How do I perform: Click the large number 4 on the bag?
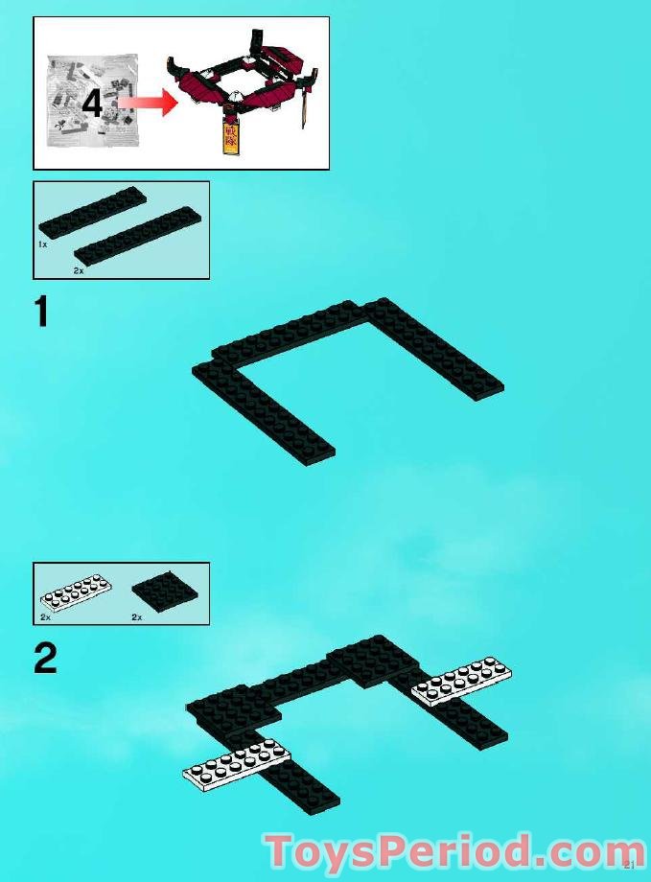click(92, 103)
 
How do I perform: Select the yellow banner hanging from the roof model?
click(230, 136)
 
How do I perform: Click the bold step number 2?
click(44, 658)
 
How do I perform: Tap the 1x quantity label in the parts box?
click(43, 245)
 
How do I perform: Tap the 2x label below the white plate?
click(45, 617)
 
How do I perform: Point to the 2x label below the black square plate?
click(136, 617)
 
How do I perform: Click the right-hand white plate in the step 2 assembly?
click(461, 680)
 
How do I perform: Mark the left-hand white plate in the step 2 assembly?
click(236, 762)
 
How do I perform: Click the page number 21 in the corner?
click(629, 866)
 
